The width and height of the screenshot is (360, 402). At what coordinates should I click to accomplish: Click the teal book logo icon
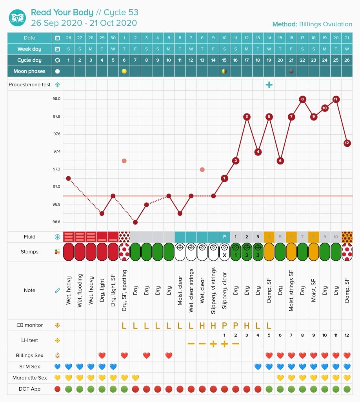click(x=18, y=18)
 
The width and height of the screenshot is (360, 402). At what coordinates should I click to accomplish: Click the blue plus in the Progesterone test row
click(x=269, y=85)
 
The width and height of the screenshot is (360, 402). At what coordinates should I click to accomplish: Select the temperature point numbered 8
click(x=302, y=99)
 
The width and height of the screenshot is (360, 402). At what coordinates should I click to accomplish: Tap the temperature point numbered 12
click(x=347, y=143)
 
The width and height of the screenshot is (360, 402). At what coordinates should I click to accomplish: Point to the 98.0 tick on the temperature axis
click(x=56, y=99)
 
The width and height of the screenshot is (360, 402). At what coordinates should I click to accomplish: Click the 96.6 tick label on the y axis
click(x=56, y=222)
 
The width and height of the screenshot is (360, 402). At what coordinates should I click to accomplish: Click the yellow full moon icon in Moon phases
click(x=124, y=71)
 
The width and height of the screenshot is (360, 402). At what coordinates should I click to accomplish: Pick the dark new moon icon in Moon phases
click(x=291, y=71)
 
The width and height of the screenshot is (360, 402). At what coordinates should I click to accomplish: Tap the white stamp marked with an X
click(x=224, y=252)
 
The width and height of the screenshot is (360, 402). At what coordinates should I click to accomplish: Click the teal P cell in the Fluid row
click(x=224, y=237)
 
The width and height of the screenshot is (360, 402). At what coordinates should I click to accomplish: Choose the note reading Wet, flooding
click(x=80, y=291)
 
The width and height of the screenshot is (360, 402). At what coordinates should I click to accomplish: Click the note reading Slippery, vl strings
click(x=213, y=291)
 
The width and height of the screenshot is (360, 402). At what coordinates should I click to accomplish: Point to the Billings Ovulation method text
click(x=325, y=24)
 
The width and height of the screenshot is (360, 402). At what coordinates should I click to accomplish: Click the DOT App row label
click(x=30, y=389)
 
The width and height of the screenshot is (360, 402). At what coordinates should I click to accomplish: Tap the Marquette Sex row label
click(x=30, y=378)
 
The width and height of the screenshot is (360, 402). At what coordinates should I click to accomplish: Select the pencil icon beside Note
click(x=58, y=291)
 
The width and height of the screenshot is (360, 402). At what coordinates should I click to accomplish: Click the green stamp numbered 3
click(x=258, y=252)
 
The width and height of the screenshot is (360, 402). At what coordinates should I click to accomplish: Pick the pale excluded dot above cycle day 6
click(x=124, y=161)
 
